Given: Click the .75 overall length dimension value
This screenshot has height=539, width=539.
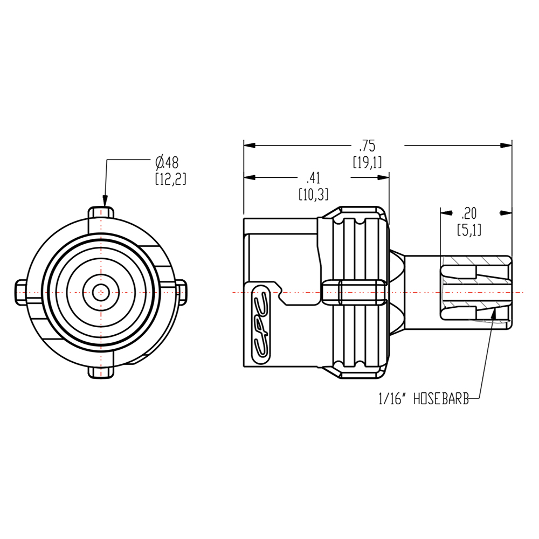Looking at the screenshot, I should (367, 146).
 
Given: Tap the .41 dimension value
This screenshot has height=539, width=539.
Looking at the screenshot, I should (313, 178).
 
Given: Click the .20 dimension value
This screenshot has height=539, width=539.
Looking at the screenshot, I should (469, 212).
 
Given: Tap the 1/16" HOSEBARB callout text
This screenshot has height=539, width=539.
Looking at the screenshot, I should (423, 399).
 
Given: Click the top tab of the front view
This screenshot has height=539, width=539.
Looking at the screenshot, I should (101, 212).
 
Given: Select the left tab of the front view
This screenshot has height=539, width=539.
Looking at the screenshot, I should (19, 292).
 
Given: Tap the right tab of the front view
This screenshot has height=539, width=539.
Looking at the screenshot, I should (182, 292).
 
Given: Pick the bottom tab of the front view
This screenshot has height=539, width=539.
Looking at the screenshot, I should (101, 372).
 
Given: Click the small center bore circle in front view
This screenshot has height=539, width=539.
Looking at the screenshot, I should (100, 292).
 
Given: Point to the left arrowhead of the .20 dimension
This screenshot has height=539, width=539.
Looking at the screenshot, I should (445, 212).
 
